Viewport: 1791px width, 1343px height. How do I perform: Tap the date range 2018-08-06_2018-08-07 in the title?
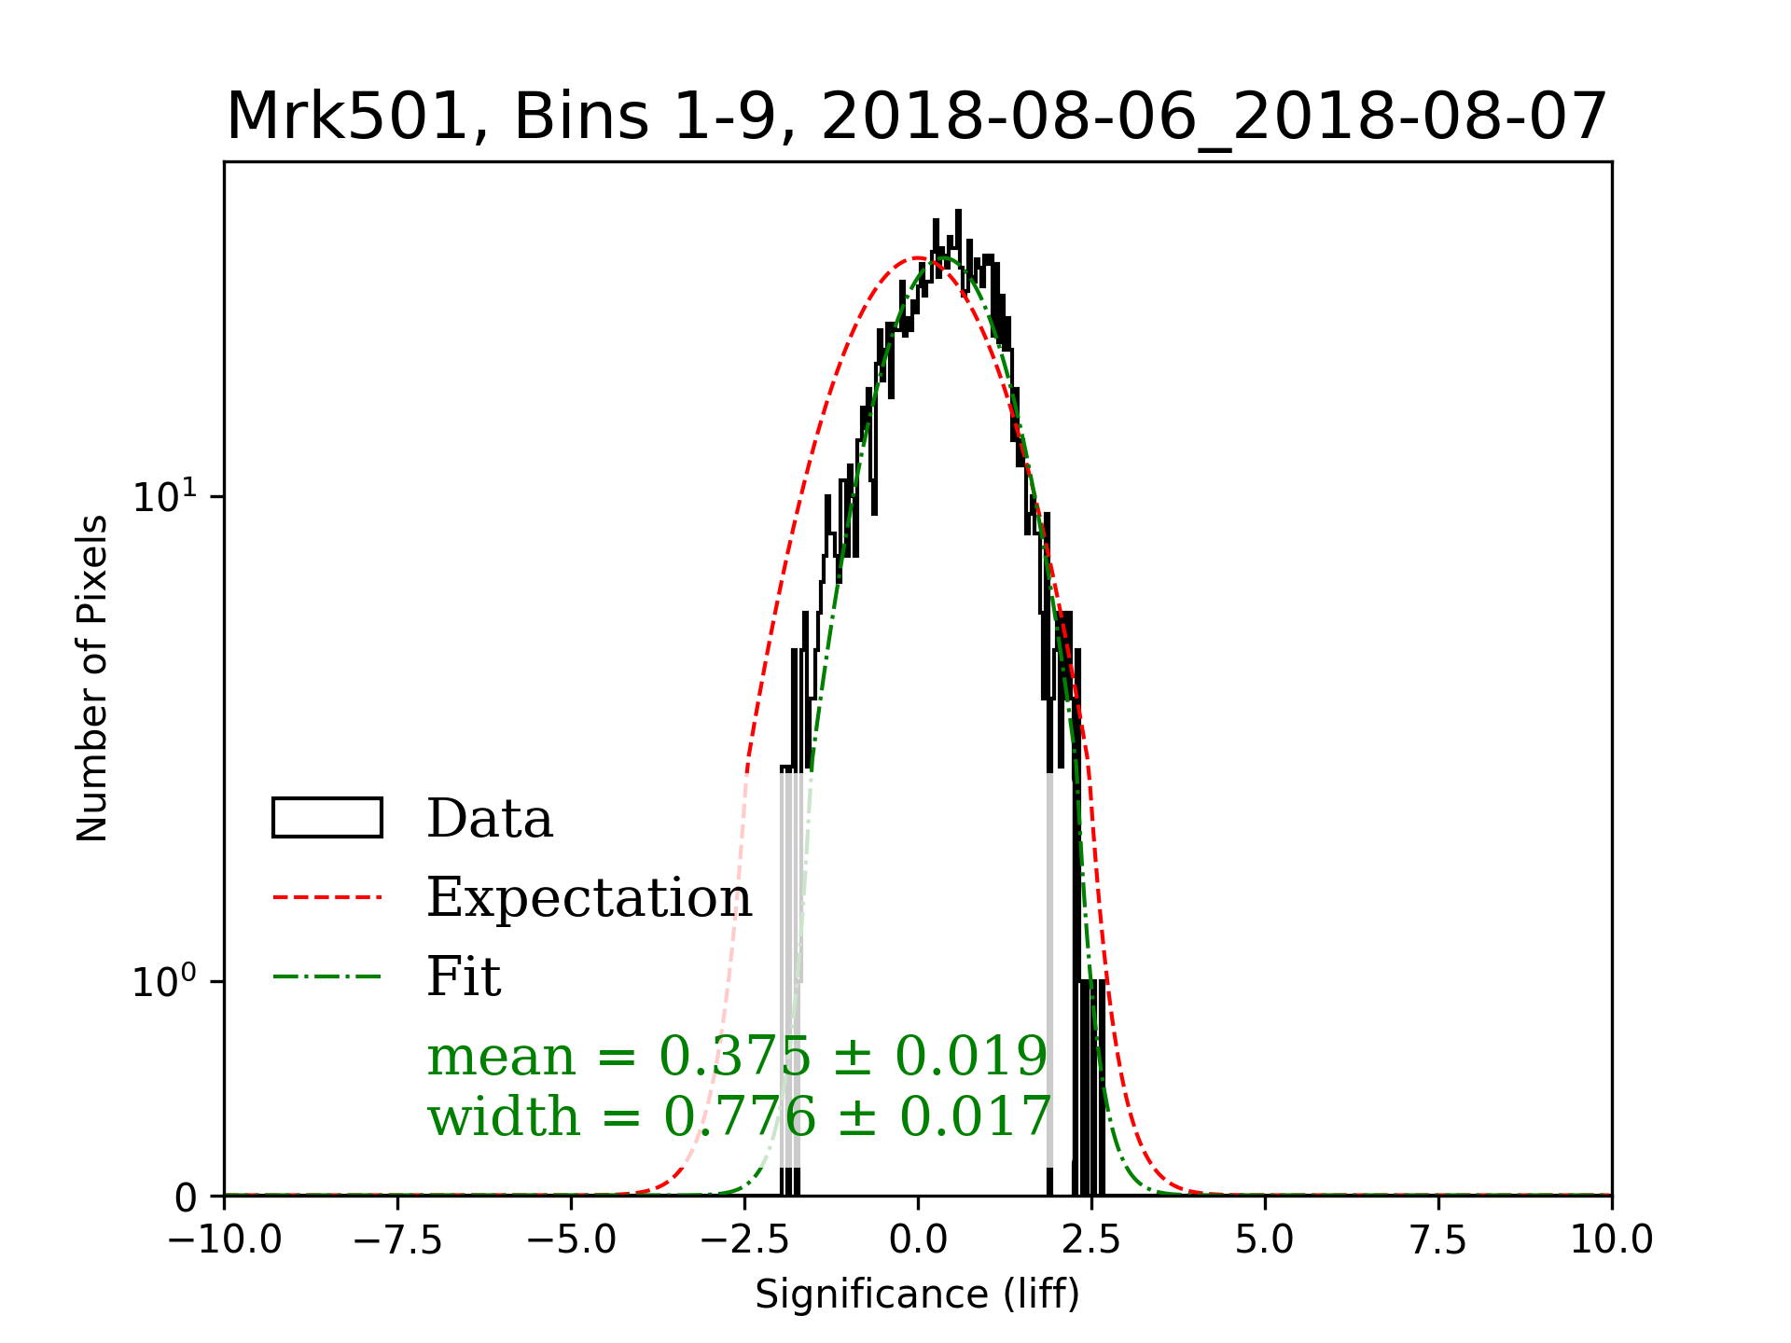[x=1214, y=118]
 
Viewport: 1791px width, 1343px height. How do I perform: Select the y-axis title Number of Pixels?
[x=92, y=678]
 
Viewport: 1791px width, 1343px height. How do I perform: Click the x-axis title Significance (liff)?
[x=917, y=1295]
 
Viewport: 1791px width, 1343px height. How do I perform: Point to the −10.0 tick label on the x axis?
[x=225, y=1240]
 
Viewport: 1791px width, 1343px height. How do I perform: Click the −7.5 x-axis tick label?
[x=398, y=1240]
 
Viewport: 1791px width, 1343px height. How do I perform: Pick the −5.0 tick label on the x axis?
[x=571, y=1240]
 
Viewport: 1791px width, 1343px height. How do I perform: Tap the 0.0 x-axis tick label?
[x=918, y=1240]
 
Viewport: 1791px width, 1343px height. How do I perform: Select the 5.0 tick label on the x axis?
[x=1265, y=1240]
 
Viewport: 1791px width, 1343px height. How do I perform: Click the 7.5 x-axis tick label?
[x=1438, y=1240]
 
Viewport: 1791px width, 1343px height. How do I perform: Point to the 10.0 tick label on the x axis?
[x=1611, y=1240]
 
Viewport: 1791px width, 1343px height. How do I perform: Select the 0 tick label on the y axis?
[x=187, y=1198]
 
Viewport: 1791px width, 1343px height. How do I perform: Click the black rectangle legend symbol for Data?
[x=326, y=818]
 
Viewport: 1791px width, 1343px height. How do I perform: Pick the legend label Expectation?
[x=589, y=898]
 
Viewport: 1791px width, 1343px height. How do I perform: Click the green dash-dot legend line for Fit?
[x=326, y=977]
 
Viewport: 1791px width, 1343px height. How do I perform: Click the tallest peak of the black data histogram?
[x=958, y=214]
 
